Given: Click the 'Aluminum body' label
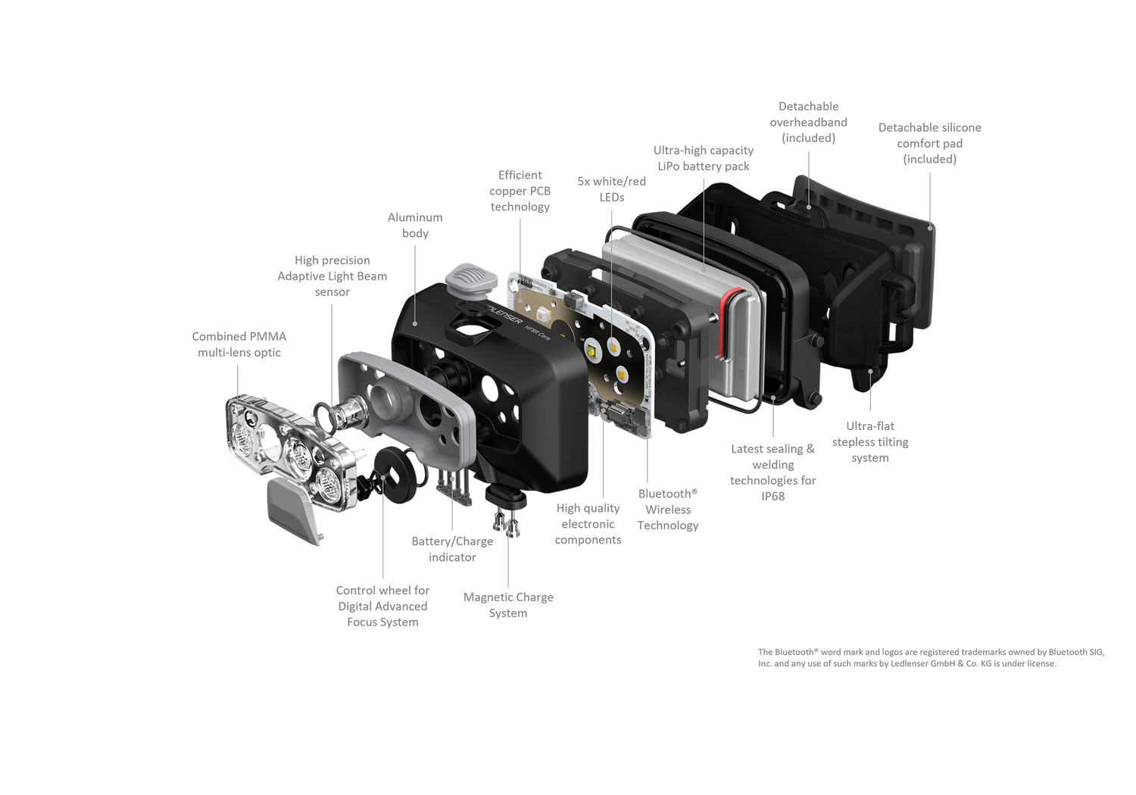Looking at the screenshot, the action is point(415,225).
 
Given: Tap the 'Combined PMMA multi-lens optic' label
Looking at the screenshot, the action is point(239,344).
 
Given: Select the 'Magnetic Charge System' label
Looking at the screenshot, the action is point(508,605).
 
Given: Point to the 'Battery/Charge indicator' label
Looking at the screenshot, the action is point(452,549).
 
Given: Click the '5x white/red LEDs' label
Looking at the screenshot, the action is point(612,189).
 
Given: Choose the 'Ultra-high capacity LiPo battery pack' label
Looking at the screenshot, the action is point(704,158).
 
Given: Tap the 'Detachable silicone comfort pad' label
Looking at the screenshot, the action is point(929,143).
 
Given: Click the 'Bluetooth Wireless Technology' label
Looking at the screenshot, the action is point(668,509).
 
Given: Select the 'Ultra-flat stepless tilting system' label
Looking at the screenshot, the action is point(870,441).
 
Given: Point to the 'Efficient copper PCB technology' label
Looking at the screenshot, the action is point(520,191).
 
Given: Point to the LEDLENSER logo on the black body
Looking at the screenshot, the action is point(500,312).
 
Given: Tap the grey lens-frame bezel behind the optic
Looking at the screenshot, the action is point(407,408).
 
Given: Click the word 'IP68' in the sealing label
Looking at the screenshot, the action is point(773,496).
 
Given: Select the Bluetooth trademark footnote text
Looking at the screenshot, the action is point(931,658).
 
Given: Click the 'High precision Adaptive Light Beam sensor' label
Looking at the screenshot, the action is point(332,276).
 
